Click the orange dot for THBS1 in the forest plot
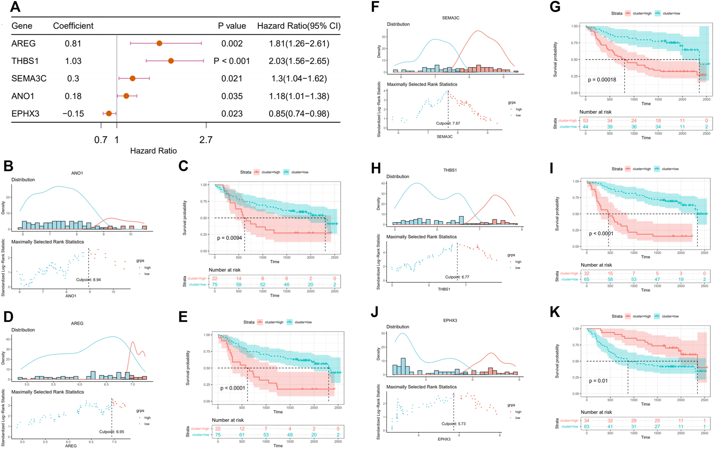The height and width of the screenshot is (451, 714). pos(171,61)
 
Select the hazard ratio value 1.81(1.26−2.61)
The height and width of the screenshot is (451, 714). pos(299,44)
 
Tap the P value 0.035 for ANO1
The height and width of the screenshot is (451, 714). pos(232,96)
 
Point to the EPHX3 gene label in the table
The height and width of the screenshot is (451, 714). pos(25,114)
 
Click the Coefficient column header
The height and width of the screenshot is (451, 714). pos(73,26)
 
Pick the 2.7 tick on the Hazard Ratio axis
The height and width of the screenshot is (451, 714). pos(206,140)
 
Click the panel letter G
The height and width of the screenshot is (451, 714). pos(555,7)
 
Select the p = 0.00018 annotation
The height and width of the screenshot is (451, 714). pos(602,80)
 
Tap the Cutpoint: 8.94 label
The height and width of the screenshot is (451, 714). pos(89,280)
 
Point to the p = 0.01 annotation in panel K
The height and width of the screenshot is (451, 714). pos(598,381)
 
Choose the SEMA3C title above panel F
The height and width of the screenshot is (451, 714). pos(450,18)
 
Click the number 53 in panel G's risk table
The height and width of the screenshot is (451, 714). pos(585,121)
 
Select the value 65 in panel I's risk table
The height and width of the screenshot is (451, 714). pos(587,279)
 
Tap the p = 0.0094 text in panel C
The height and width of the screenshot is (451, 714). pos(229,238)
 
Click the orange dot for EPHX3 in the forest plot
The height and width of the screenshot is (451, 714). pos(109,114)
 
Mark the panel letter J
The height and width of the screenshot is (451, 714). pos(375,313)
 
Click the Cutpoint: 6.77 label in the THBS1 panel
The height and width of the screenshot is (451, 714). pos(457,277)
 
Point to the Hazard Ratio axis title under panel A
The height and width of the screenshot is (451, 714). pos(154,151)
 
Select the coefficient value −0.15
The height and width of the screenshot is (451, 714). pos(73,114)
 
